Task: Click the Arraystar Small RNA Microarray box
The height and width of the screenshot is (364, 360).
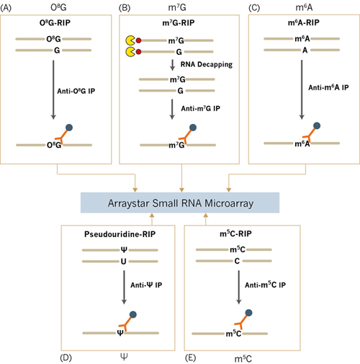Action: pos(180,203)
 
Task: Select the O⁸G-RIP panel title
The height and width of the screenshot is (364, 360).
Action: pos(55,23)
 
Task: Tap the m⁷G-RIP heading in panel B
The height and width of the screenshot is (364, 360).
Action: pos(179,23)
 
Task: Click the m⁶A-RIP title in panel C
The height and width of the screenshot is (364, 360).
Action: pos(304,22)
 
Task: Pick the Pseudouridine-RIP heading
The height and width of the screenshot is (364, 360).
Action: pos(120,234)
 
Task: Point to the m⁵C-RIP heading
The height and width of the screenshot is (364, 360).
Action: pos(235,234)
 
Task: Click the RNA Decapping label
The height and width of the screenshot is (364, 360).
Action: pos(207,64)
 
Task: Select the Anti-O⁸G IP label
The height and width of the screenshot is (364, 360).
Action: pos(76,91)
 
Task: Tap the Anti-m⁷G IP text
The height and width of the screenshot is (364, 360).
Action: pos(200,109)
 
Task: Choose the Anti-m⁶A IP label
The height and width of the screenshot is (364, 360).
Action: pos(328,87)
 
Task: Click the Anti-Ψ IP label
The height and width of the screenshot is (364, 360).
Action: pos(146,285)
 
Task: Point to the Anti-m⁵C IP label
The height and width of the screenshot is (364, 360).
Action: pos(265,285)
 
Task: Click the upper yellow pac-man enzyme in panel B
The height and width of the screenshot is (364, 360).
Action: pos(130,40)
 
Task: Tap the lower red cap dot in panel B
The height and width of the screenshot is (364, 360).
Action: pos(138,52)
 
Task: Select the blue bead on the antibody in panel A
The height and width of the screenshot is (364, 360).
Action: pos(69,128)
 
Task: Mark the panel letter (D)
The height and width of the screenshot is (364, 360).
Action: pos(66,358)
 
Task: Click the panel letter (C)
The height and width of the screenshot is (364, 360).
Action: pos(254,8)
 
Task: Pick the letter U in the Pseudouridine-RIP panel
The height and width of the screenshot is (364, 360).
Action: pos(123,261)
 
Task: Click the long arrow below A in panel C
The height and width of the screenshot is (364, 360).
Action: pos(302,89)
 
